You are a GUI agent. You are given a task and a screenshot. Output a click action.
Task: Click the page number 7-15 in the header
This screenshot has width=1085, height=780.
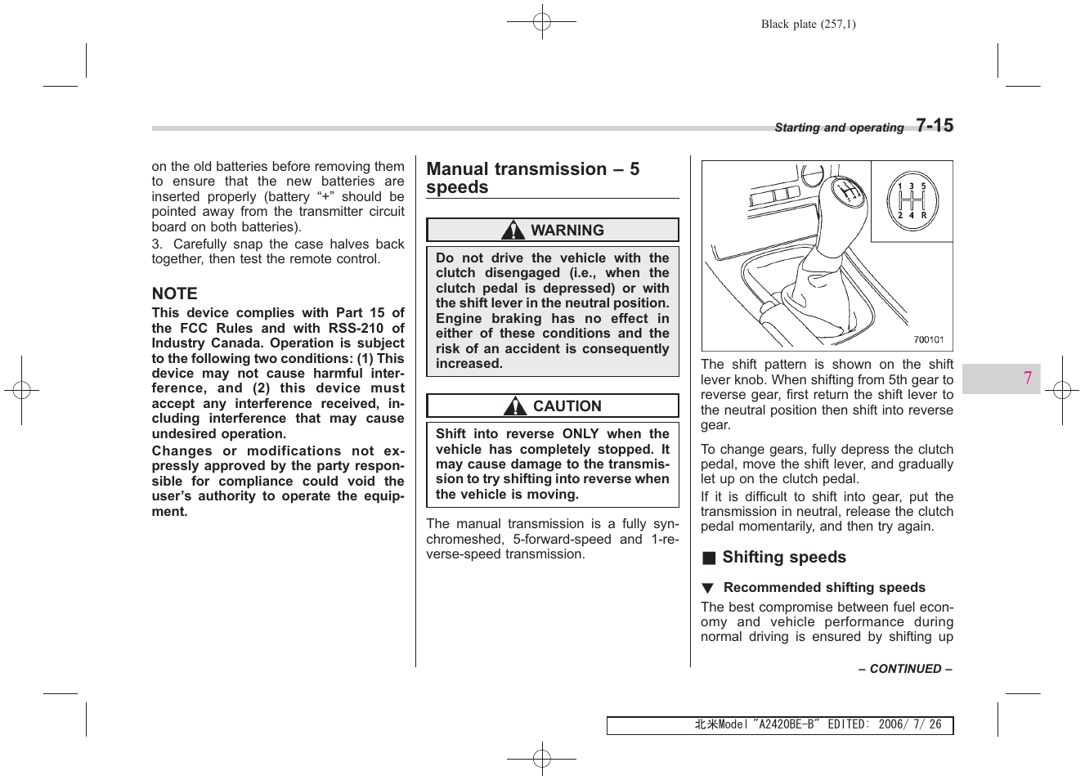pos(934,125)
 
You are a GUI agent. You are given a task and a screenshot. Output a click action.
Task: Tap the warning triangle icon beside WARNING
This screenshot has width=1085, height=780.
pos(513,231)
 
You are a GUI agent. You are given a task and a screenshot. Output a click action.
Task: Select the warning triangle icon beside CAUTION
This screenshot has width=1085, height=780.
pos(515,406)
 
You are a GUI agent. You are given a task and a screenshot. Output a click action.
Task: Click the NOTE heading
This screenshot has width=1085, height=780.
pos(174,294)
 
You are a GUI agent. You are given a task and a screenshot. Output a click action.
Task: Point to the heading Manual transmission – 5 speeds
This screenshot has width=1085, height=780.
pos(532,178)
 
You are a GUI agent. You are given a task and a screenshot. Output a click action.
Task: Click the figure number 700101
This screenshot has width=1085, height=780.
pos(928,339)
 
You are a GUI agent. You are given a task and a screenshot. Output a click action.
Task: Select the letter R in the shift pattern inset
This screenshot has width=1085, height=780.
pos(924,216)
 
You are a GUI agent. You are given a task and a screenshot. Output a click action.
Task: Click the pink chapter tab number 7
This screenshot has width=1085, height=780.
pos(1027,378)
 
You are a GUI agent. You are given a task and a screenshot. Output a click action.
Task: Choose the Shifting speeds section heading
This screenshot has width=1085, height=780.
pos(783,558)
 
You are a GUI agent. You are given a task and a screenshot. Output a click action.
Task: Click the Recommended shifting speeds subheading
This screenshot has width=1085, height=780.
pos(824,588)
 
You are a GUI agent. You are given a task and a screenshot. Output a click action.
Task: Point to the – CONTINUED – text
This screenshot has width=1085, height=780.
pos(904,669)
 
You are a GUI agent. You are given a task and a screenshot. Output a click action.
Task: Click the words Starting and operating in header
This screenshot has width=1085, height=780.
pos(839,128)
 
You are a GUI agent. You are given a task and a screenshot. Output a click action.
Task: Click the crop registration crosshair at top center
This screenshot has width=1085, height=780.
pos(541,21)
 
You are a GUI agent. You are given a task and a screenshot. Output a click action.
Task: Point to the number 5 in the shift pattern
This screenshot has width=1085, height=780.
pos(924,186)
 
